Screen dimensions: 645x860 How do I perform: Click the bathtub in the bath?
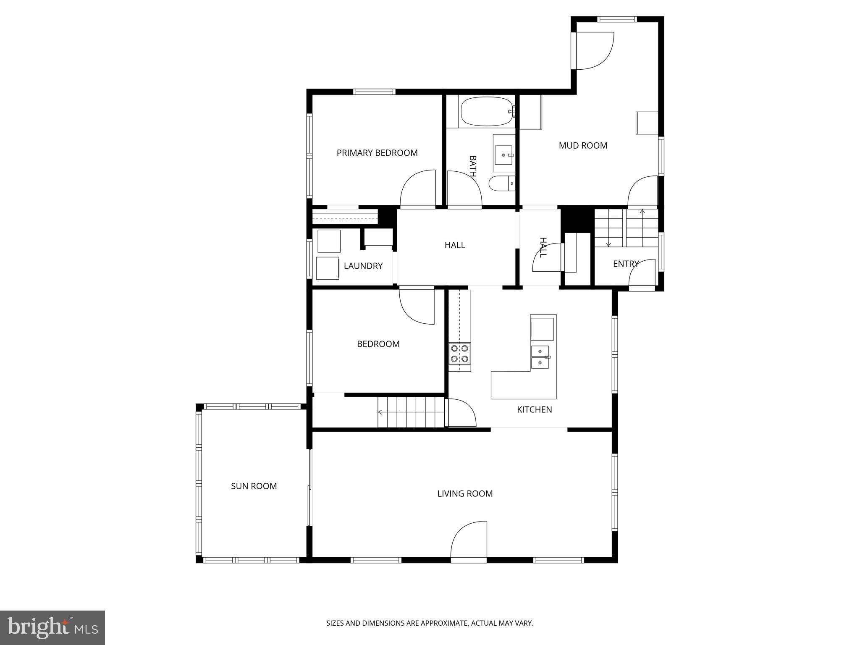486,111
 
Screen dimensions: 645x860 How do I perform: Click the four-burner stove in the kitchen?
459,353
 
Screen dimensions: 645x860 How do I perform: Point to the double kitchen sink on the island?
540,357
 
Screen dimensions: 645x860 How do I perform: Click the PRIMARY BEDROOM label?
377,153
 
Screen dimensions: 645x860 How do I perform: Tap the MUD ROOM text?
583,146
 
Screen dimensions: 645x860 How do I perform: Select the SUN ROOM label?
254,486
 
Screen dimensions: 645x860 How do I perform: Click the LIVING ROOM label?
465,494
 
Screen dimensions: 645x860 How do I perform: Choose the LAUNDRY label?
363,266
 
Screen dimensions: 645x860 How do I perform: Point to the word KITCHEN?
534,410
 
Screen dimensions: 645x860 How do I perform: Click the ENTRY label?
625,264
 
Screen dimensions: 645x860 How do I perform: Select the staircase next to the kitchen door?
411,412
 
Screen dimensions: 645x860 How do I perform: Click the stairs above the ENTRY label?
626,228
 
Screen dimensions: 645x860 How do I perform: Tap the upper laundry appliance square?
329,241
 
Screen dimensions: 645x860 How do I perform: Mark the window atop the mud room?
617,19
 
